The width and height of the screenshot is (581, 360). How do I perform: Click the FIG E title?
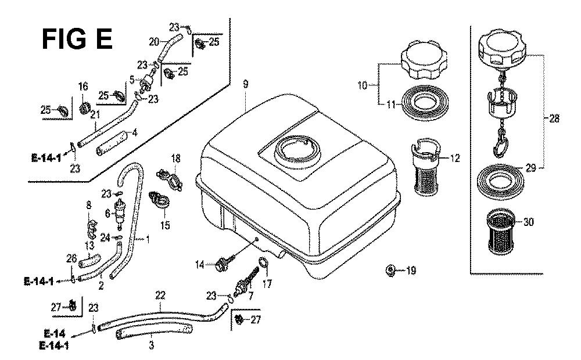tap(77, 39)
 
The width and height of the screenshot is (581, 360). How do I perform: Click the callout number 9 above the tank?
tap(246, 84)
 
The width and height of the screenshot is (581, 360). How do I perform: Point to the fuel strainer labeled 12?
tap(426, 167)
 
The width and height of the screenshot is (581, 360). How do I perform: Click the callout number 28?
tap(554, 119)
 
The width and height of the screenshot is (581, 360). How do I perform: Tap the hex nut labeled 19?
tap(390, 270)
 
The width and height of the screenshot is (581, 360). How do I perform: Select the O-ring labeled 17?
tap(263, 264)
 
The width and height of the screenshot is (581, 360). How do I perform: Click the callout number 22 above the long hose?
tap(160, 296)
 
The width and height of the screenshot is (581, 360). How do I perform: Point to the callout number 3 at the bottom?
tap(151, 345)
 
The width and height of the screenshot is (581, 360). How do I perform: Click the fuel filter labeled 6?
tap(119, 214)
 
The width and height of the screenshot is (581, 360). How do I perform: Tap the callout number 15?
tap(165, 225)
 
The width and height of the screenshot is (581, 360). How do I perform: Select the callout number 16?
tap(83, 87)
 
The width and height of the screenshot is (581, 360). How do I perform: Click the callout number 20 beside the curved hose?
tap(154, 42)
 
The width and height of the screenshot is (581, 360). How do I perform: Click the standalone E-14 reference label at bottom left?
tap(54, 334)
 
